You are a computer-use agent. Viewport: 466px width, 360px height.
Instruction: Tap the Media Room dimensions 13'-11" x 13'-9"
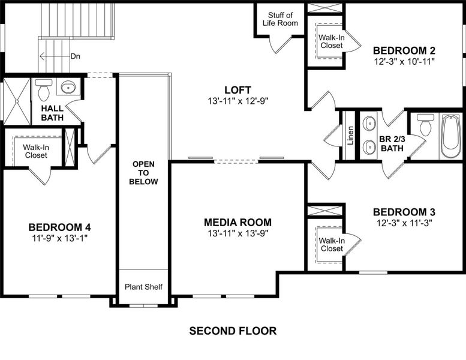click(237, 233)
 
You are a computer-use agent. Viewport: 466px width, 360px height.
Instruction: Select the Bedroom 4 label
click(59, 227)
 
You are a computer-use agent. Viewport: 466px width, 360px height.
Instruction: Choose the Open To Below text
click(144, 172)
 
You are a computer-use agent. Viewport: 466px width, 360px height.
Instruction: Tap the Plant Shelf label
click(144, 287)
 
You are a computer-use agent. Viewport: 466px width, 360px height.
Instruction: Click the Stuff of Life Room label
click(280, 19)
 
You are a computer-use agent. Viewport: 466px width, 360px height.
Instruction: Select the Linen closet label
click(350, 135)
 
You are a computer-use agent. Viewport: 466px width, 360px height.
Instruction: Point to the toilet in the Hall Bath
click(43, 90)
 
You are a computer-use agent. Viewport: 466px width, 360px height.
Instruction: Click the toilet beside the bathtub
click(425, 125)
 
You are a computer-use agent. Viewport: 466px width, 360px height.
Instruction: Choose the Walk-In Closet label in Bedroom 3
click(332, 244)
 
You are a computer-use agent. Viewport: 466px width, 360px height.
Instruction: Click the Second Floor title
click(233, 331)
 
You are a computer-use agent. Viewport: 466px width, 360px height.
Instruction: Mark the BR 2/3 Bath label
click(391, 143)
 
